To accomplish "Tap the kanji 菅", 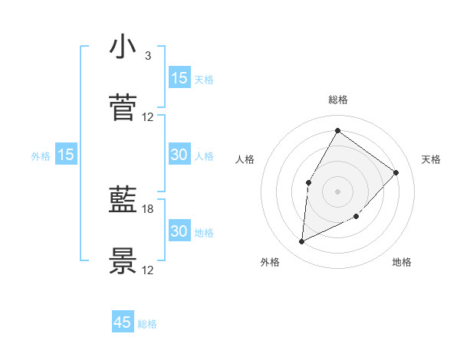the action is pyautogui.click(x=123, y=108).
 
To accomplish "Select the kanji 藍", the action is pyautogui.click(x=123, y=201).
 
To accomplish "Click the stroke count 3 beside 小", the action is pyautogui.click(x=147, y=56).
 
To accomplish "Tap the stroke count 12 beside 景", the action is pyautogui.click(x=148, y=270).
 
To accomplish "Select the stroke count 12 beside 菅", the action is pyautogui.click(x=148, y=116).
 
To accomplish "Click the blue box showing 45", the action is pyautogui.click(x=123, y=322).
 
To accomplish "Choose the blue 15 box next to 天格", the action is pyautogui.click(x=179, y=78).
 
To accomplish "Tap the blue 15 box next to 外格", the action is pyautogui.click(x=66, y=155).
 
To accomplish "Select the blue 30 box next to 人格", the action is pyautogui.click(x=179, y=155).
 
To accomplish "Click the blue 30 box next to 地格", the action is pyautogui.click(x=179, y=231).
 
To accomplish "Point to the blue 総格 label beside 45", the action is pyautogui.click(x=147, y=324).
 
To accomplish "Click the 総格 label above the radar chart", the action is pyautogui.click(x=337, y=100).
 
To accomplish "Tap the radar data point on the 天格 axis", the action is pyautogui.click(x=396, y=172).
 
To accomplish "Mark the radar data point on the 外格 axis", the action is pyautogui.click(x=301, y=242).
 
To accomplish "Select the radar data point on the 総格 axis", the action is pyautogui.click(x=337, y=130).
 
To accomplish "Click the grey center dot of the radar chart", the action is pyautogui.click(x=337, y=191).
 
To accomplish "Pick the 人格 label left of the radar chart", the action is pyautogui.click(x=245, y=159).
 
